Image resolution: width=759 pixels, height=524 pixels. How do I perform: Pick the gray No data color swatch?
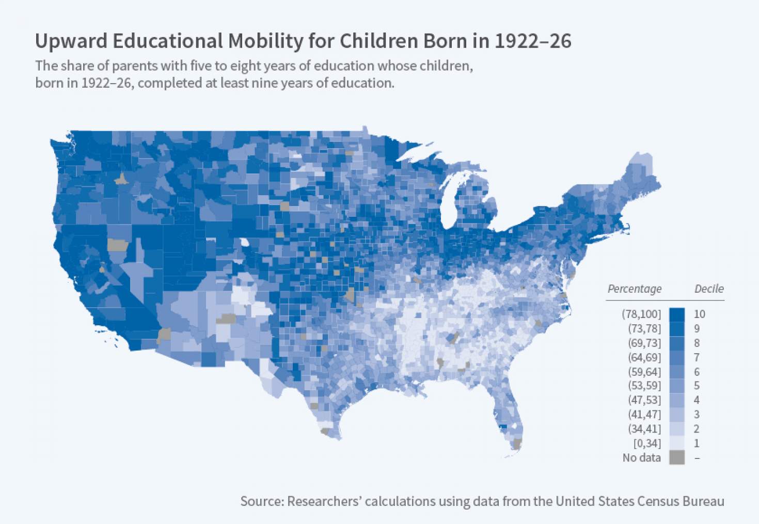[x=677, y=457]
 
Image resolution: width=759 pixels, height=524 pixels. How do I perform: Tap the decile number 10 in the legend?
[x=699, y=314]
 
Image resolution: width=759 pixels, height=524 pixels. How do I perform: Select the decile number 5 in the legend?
[x=697, y=386]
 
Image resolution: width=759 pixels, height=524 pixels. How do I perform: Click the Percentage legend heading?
[x=634, y=289]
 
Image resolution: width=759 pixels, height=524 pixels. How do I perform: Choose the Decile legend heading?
[x=708, y=289]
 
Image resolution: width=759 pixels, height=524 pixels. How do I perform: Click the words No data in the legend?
[x=641, y=457]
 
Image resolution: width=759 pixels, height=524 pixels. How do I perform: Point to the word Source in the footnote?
[x=261, y=501]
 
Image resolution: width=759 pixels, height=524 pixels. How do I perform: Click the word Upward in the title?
[x=71, y=41]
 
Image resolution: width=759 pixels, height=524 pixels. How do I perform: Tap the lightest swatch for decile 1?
[x=677, y=443]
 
